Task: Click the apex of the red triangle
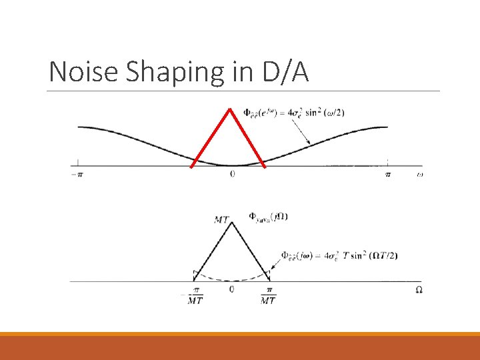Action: [x=231, y=109]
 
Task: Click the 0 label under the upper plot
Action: [x=232, y=174]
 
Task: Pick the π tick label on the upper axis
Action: [x=388, y=174]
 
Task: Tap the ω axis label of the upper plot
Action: [x=419, y=174]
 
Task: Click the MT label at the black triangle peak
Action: [x=221, y=219]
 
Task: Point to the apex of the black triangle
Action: [x=232, y=222]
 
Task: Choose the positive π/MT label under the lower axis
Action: [x=268, y=296]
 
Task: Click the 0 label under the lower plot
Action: [x=231, y=289]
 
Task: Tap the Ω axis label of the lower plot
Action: [x=419, y=289]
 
